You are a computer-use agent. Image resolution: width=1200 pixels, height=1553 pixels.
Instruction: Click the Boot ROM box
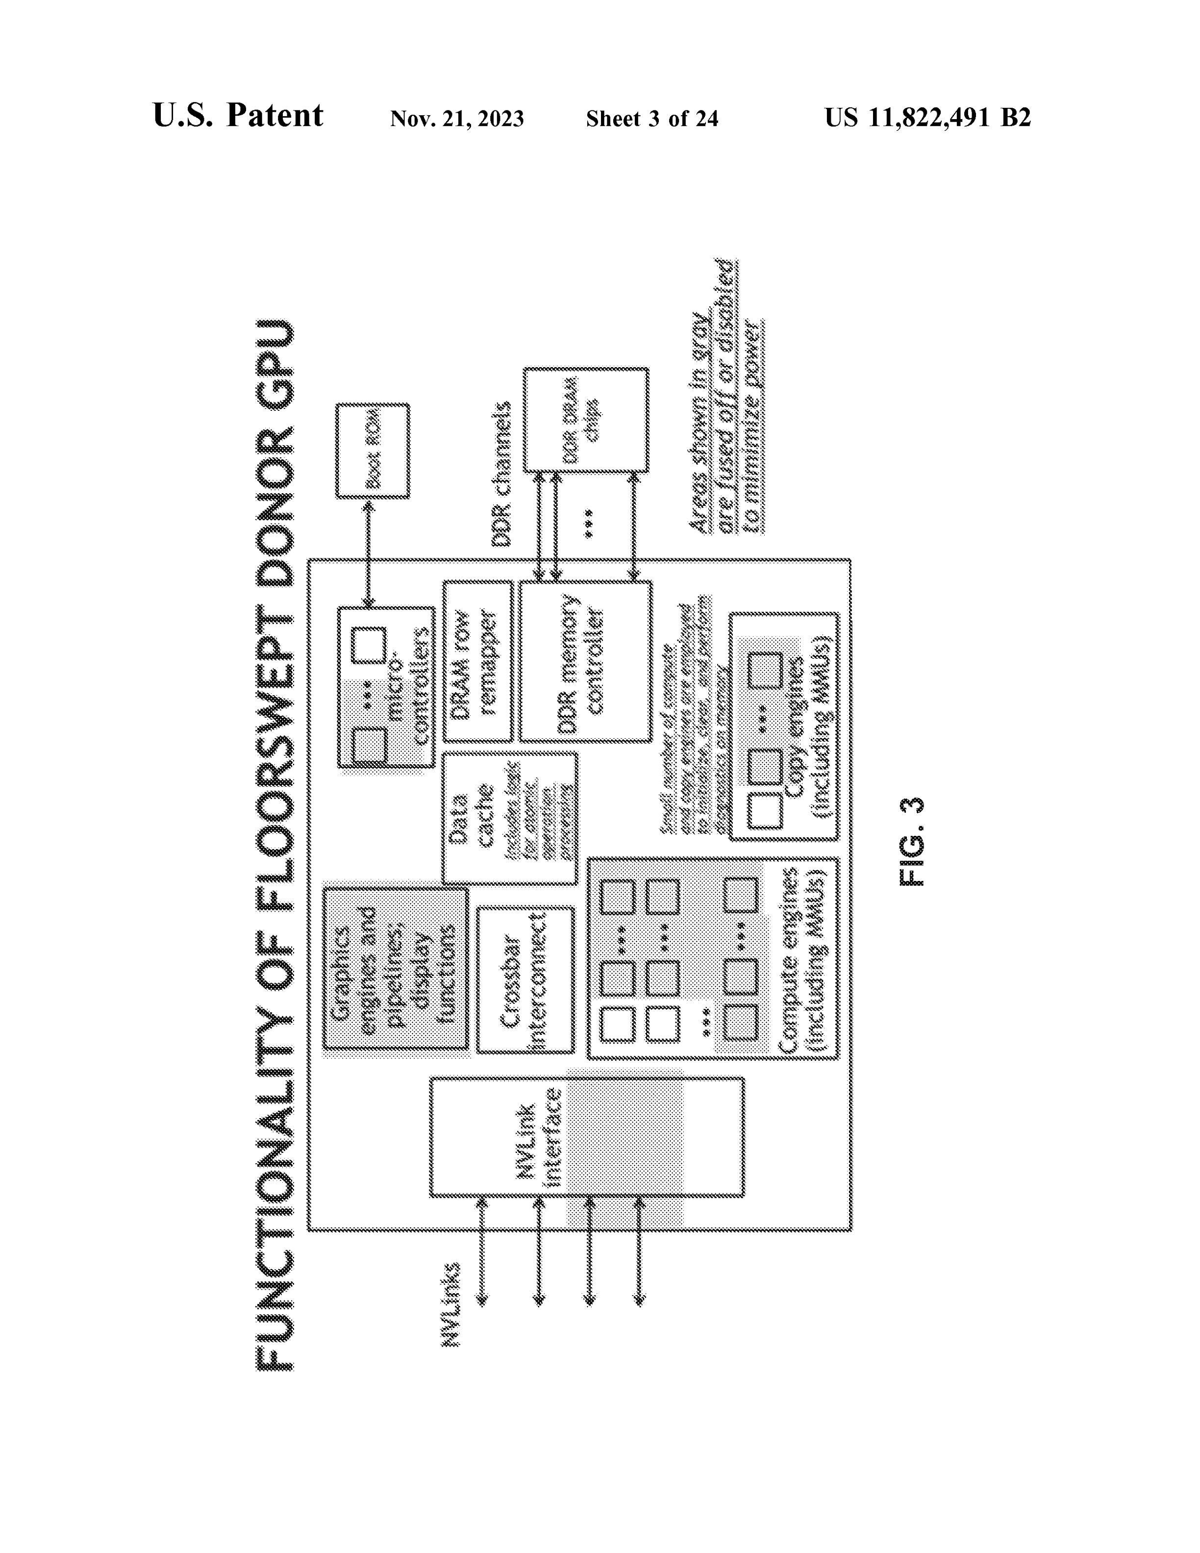[x=373, y=451]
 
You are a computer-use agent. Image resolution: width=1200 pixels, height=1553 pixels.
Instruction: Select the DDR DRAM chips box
[x=586, y=420]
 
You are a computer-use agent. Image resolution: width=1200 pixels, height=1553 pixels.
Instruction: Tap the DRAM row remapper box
[x=477, y=661]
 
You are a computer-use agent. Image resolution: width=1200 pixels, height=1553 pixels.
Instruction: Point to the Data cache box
[x=509, y=818]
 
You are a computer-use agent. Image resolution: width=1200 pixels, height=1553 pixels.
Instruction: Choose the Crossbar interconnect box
[x=525, y=980]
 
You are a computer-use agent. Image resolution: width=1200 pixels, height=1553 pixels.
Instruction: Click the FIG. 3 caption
[x=912, y=841]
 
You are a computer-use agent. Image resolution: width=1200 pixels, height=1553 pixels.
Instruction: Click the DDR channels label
[x=502, y=475]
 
